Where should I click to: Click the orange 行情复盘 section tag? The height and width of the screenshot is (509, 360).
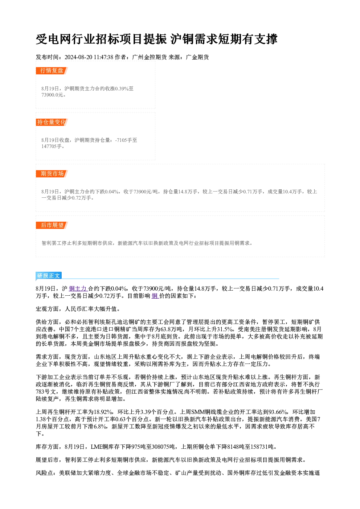[x=52, y=71]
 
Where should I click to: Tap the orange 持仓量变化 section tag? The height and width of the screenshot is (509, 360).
[x=52, y=122]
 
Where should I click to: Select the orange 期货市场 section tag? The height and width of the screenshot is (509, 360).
[x=52, y=174]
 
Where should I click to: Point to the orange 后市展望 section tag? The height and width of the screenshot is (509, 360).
[x=52, y=225]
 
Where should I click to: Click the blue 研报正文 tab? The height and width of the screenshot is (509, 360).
[x=49, y=276]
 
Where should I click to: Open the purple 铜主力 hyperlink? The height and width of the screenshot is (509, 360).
[x=78, y=288]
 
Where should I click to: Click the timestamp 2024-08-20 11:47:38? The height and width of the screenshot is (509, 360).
[x=89, y=57]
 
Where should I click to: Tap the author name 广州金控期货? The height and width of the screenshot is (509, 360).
[x=149, y=57]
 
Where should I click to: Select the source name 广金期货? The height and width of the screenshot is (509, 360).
[x=197, y=57]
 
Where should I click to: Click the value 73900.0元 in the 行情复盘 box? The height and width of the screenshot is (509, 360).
[x=52, y=95]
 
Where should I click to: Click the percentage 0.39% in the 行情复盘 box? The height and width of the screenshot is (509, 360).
[x=122, y=89]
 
